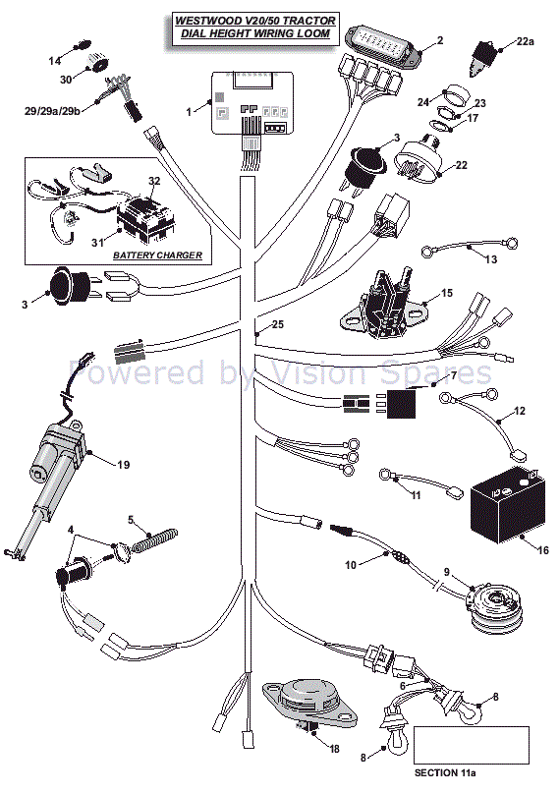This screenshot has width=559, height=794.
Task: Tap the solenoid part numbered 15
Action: [385, 301]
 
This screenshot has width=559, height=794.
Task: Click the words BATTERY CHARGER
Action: [157, 255]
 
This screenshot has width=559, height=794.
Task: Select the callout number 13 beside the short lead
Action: [491, 259]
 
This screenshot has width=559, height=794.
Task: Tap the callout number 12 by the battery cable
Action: [520, 411]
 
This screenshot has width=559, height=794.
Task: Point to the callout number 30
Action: [66, 79]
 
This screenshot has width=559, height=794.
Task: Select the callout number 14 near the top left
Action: [55, 61]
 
